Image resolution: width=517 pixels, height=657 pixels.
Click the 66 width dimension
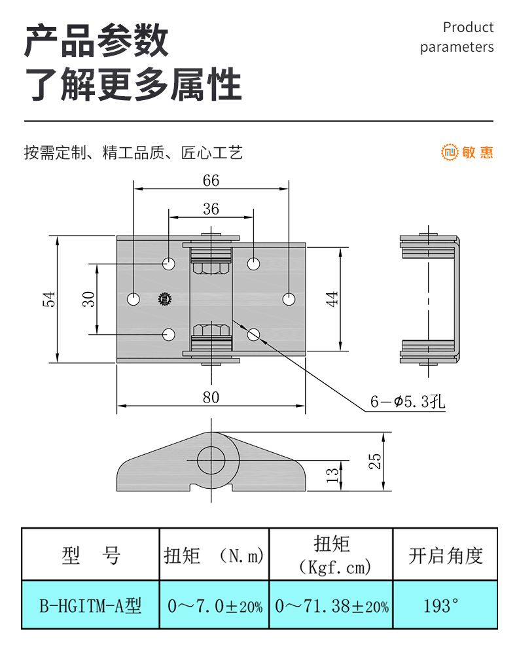pos(211,181)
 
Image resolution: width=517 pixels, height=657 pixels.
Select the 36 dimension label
pos(211,209)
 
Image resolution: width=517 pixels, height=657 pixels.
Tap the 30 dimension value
pos(90,298)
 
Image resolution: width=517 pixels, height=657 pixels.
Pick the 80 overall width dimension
pos(211,397)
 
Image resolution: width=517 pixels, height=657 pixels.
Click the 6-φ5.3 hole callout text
pos(407,402)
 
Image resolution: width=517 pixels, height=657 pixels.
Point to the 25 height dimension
pos(374,461)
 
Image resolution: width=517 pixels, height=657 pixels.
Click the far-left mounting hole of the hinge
pos(134,299)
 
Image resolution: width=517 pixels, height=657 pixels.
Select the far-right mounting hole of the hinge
pos(289,299)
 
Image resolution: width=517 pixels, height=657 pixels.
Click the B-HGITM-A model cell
pos(90,606)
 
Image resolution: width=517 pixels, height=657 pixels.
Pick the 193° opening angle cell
pos(444,606)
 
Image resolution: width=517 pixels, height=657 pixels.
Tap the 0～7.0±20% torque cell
pos(215,606)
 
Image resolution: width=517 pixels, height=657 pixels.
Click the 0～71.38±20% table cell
pos(331,606)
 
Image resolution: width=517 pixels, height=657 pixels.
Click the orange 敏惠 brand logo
pos(467,153)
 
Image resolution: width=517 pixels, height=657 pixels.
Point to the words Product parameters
pos(457,37)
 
